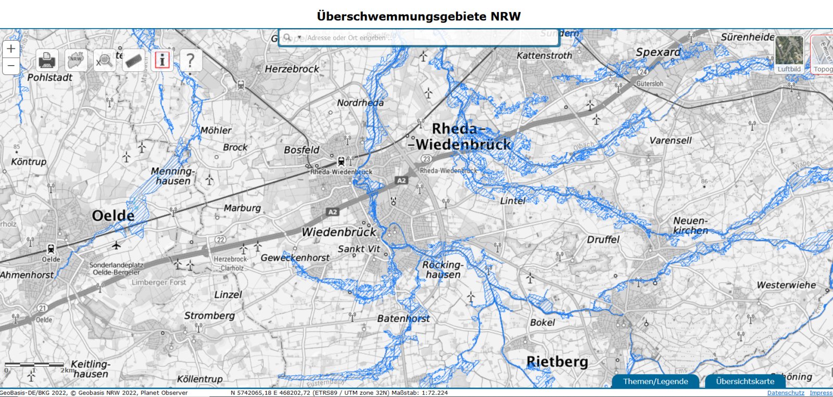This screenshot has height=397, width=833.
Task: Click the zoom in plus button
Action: coord(11,49)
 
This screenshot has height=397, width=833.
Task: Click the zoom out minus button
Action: coord(11,66)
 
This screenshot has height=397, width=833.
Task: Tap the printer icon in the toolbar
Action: coord(47,60)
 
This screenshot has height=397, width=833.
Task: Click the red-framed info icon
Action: coord(162,60)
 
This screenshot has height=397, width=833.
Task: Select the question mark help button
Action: coord(191,60)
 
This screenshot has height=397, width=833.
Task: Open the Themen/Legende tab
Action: coord(655,381)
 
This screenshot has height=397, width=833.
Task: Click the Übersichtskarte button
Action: coord(745,381)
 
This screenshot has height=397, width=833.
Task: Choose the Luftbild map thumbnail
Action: coord(789,54)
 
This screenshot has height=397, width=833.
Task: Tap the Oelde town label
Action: coord(113,216)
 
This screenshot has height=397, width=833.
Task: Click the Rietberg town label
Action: coord(557,362)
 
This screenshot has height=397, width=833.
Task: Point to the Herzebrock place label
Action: coord(292,69)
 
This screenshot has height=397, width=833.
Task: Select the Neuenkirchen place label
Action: coord(690,226)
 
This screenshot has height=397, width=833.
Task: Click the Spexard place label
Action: coord(658,52)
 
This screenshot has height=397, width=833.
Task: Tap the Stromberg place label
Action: coord(209,316)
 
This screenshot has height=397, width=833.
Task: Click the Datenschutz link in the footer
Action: coord(786,393)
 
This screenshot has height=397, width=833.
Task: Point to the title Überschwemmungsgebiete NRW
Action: coord(419,16)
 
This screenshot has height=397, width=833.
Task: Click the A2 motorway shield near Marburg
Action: coord(333,212)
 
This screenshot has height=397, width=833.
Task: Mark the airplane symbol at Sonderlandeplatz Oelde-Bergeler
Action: coord(116,245)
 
